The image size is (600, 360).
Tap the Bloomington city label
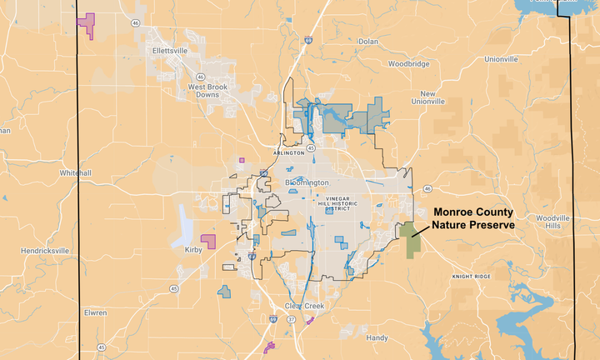pos(307,182)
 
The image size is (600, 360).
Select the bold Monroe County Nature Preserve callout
pos(472,219)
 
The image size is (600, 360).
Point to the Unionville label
pos(502,60)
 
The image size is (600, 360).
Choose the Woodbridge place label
pos(408,64)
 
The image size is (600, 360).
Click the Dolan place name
pos(367,41)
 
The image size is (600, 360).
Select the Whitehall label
pos(75,172)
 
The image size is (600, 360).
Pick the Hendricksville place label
pos(46,250)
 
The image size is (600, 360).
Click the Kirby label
pos(194,249)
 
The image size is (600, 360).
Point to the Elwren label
pos(95,312)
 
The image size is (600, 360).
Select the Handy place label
pos(377,337)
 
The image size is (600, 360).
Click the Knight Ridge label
pos(471,276)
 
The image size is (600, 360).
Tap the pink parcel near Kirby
pos(207,241)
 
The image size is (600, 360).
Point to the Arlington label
pos(288,153)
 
